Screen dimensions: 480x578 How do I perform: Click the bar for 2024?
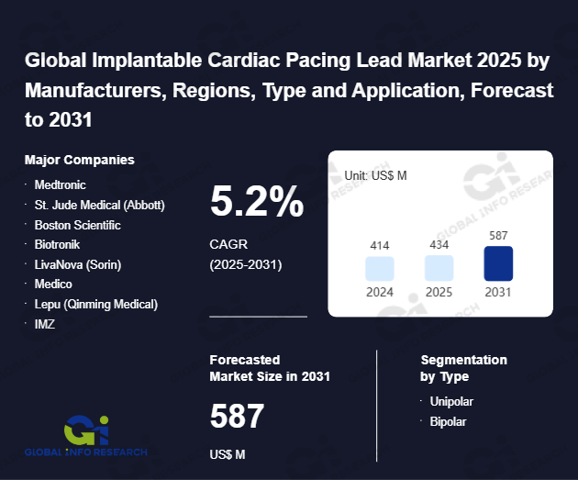pyautogui.click(x=380, y=268)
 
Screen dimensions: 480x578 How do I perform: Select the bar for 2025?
pyautogui.click(x=439, y=268)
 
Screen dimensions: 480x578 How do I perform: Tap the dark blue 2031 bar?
pyautogui.click(x=498, y=263)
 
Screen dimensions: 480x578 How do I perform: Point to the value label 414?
pyautogui.click(x=380, y=246)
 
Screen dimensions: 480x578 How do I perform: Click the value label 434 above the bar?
pyautogui.click(x=439, y=246)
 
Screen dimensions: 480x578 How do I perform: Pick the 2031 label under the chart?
pyautogui.click(x=498, y=292)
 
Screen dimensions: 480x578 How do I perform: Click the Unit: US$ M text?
pyautogui.click(x=376, y=174)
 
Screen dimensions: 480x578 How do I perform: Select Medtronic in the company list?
pyautogui.click(x=60, y=184)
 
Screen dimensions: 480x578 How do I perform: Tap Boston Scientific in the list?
pyautogui.click(x=78, y=225)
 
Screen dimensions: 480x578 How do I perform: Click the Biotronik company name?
pyautogui.click(x=58, y=245)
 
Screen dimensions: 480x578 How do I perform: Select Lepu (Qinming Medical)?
pyautogui.click(x=96, y=304)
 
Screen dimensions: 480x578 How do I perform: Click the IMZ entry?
pyautogui.click(x=45, y=324)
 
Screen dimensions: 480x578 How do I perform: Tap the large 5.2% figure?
pyautogui.click(x=257, y=202)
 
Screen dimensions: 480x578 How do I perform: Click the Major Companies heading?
pyautogui.click(x=80, y=160)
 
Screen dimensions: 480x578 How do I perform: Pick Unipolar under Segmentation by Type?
pyautogui.click(x=451, y=401)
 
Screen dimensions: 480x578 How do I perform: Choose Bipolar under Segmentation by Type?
pyautogui.click(x=449, y=421)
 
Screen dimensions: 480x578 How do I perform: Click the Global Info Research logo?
pyautogui.click(x=87, y=436)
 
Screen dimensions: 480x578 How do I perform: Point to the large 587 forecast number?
pyautogui.click(x=237, y=417)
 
